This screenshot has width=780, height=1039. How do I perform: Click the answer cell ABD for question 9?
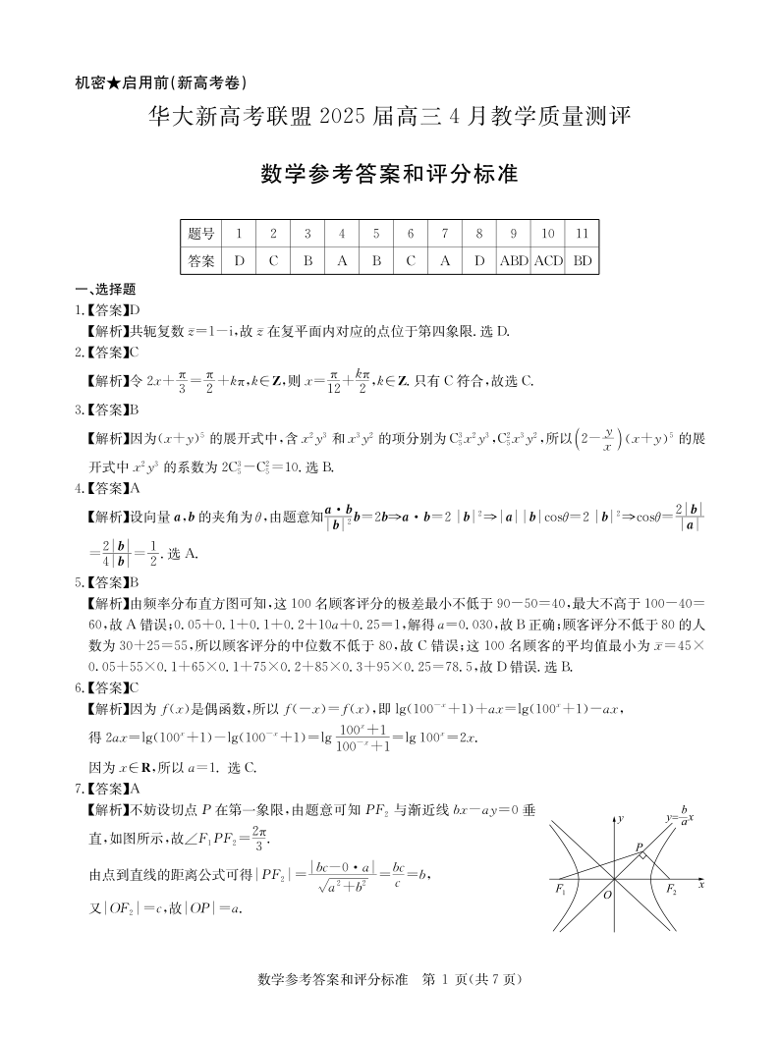pos(514,261)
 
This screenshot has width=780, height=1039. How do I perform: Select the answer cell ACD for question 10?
pos(548,261)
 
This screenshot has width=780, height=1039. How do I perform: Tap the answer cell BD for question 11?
pos(583,261)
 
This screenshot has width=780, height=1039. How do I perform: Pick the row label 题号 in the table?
pos(200,234)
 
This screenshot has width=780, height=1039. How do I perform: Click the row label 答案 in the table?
pos(200,261)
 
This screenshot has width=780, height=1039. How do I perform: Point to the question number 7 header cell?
pos(445,234)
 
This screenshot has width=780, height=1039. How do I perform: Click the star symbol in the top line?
pos(114,82)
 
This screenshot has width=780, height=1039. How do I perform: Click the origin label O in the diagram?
pos(607,895)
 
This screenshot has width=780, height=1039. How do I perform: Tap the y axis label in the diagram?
pos(621,817)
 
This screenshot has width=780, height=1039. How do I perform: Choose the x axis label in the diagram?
pos(701,884)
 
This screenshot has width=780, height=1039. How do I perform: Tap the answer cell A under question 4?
pos(342,261)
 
